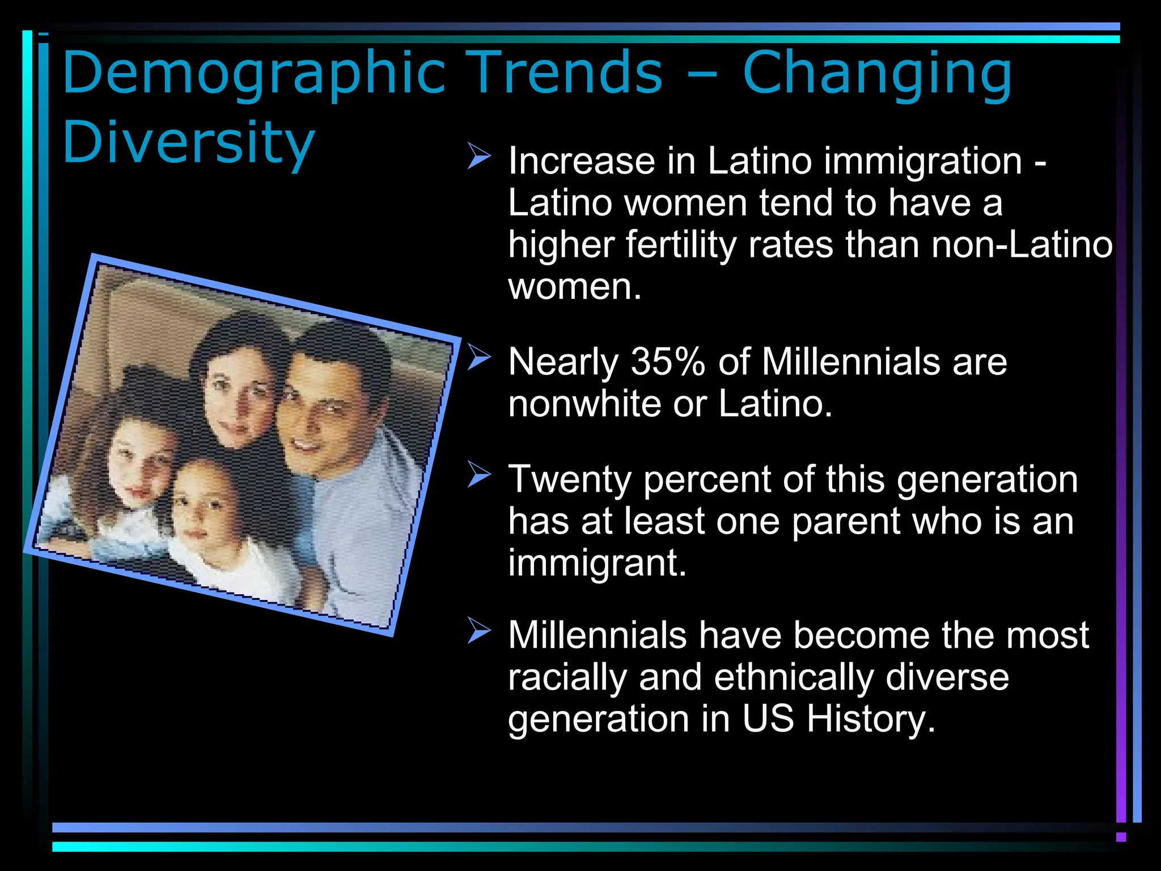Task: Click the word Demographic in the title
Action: coord(254,74)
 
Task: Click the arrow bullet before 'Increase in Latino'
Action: coord(479,157)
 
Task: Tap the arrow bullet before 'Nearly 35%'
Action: coord(479,358)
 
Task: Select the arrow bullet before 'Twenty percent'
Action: coord(479,475)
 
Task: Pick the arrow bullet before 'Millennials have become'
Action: coord(479,631)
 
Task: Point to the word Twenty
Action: coord(569,480)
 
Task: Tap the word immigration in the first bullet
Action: coord(923,162)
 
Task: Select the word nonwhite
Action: coord(584,404)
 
